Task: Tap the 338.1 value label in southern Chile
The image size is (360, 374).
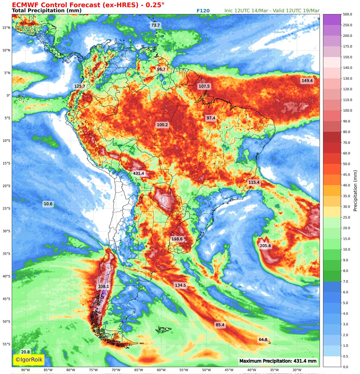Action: [103, 286]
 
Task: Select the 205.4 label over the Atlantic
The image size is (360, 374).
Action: [265, 246]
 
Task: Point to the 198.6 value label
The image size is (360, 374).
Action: [177, 239]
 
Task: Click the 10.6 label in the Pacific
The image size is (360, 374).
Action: [48, 204]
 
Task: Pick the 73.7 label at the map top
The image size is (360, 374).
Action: [155, 25]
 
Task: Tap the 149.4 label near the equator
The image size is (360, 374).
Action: [307, 81]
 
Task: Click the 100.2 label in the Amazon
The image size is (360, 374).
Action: [162, 125]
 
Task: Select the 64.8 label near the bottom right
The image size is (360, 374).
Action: [263, 339]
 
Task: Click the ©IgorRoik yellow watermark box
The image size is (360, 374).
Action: [29, 360]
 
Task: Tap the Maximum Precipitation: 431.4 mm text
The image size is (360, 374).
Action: [278, 361]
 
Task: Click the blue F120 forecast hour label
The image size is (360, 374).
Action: [203, 11]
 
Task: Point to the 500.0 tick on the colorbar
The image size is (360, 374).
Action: [338, 14]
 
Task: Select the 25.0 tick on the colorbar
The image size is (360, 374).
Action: [338, 218]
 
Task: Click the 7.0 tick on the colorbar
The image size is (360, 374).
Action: [338, 281]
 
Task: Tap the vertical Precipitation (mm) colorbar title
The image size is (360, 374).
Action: [355, 191]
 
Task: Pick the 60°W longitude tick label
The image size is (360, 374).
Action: [161, 370]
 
